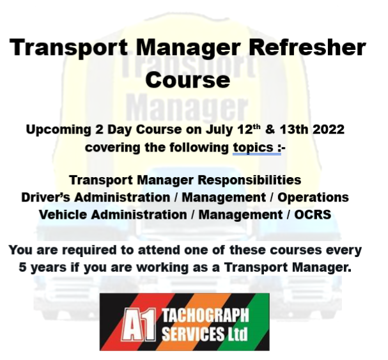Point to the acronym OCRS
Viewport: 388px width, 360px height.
click(x=313, y=215)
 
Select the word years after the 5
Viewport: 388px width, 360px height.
click(x=49, y=267)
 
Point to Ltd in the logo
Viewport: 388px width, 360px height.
click(x=235, y=334)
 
